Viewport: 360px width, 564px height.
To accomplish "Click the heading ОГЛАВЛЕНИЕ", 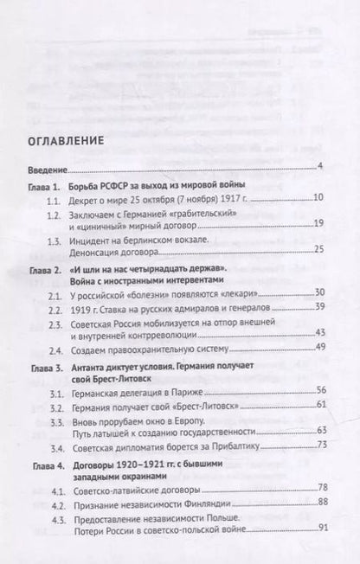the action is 66,140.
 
